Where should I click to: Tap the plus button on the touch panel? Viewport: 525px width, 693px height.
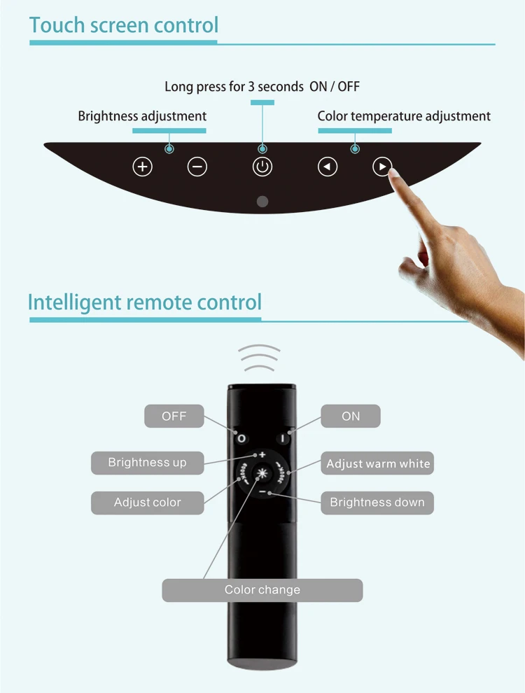click(x=143, y=167)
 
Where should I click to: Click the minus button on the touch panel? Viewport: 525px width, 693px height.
click(x=197, y=167)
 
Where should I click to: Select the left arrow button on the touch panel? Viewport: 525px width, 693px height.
click(x=328, y=167)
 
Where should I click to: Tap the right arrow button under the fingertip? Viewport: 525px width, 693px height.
click(x=381, y=167)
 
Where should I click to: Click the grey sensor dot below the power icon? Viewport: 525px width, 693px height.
click(x=262, y=202)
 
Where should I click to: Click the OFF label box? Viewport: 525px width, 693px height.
click(x=174, y=416)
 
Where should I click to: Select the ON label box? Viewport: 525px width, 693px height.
click(x=351, y=416)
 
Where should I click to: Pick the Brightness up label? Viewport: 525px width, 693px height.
click(x=147, y=463)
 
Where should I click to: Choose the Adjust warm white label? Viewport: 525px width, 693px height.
click(x=378, y=463)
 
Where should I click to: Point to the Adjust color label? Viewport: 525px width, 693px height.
click(x=147, y=503)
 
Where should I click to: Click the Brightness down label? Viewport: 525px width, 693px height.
click(x=377, y=503)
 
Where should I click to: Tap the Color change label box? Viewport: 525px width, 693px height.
click(x=262, y=590)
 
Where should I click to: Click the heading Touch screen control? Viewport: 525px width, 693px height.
click(x=124, y=25)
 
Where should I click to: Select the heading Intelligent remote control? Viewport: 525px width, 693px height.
click(x=145, y=302)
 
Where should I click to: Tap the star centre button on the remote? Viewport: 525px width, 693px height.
click(x=262, y=473)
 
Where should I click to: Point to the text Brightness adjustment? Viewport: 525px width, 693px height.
click(x=142, y=116)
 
